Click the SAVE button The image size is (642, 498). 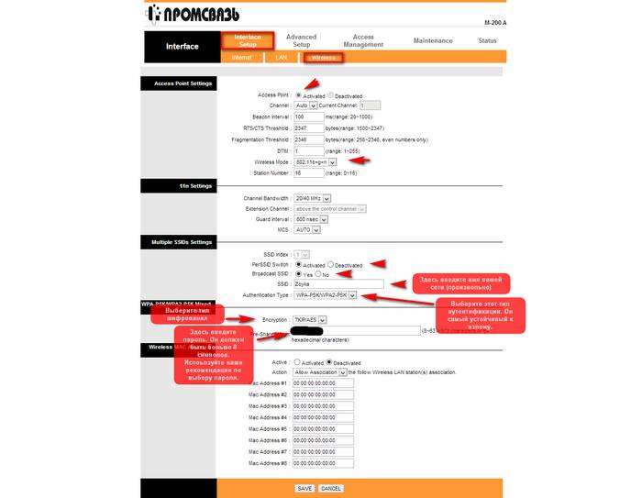click(304, 489)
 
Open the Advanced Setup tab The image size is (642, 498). click(301, 41)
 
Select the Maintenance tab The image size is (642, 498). click(432, 41)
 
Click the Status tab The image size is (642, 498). click(487, 41)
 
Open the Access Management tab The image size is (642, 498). click(363, 41)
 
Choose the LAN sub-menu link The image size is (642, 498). click(282, 57)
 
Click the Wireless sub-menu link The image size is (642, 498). click(323, 57)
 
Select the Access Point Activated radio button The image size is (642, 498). click(297, 95)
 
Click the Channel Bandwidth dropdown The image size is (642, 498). click(313, 198)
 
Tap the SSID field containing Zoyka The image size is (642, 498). click(338, 284)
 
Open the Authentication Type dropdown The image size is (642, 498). click(327, 295)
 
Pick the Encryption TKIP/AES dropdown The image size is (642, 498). click(311, 319)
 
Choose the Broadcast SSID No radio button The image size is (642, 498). click(318, 274)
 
